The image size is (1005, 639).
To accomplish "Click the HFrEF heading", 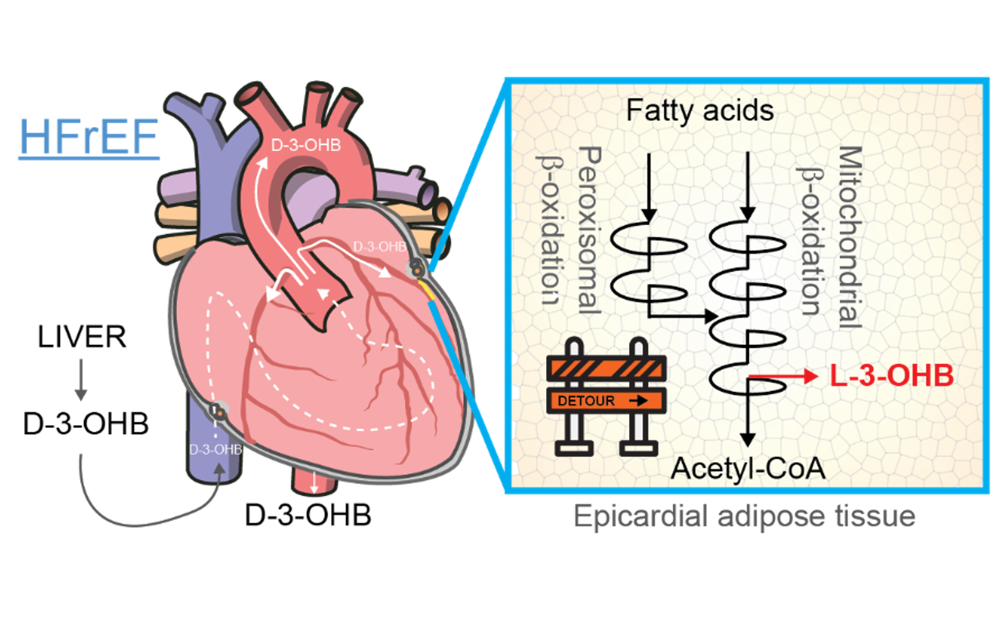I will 89,137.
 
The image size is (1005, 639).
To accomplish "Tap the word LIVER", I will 82,337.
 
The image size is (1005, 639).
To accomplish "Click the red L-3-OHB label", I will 891,376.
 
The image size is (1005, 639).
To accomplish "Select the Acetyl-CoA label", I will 748,468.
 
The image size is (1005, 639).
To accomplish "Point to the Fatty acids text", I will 700,110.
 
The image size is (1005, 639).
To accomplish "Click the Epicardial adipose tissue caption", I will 744,516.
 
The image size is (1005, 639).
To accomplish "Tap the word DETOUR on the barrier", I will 586,401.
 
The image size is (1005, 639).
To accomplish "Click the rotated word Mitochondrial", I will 850,237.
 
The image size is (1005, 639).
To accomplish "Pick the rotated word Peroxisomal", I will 590,231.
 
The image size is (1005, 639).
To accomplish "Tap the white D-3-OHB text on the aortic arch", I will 306,145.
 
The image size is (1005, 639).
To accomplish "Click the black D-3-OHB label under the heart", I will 308,515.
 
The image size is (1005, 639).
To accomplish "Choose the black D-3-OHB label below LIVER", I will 86,424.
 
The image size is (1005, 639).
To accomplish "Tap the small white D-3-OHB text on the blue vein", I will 215,450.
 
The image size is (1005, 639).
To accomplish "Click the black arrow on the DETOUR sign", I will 639,401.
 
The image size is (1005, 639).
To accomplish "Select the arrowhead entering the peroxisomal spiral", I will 648,214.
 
